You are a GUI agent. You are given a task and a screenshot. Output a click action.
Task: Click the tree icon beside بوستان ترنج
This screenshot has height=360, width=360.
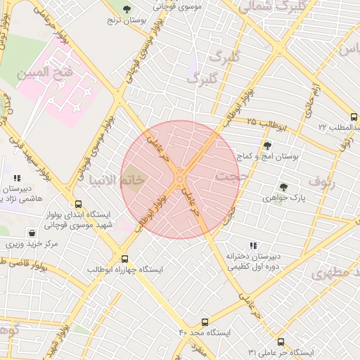[127, 9]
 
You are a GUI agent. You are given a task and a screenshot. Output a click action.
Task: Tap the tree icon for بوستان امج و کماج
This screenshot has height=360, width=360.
[267, 146]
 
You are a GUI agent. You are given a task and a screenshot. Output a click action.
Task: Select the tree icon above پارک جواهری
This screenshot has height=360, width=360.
[283, 187]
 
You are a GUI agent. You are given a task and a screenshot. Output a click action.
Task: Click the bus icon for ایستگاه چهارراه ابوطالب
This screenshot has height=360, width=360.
[125, 259]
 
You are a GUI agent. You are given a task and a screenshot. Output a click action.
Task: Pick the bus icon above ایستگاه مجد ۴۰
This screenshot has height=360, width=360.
[205, 321]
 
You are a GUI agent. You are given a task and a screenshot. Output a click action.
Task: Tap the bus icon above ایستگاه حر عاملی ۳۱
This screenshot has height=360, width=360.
[281, 342]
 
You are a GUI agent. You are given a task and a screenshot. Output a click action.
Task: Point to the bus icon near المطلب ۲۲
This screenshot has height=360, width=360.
[354, 117]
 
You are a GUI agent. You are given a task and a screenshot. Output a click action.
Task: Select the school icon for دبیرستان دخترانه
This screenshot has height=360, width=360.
[252, 245]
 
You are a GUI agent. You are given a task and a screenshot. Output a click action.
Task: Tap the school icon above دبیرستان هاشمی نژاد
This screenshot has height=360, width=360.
[17, 179]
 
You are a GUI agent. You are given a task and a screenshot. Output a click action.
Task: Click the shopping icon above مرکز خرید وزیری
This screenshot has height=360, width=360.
[32, 233]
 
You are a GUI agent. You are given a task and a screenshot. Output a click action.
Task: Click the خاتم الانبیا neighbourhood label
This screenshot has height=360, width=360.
[112, 180]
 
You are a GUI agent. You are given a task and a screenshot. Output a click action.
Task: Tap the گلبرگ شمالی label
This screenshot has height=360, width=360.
[264, 8]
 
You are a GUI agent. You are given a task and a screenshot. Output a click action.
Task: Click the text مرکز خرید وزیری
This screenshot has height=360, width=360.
[32, 245]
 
